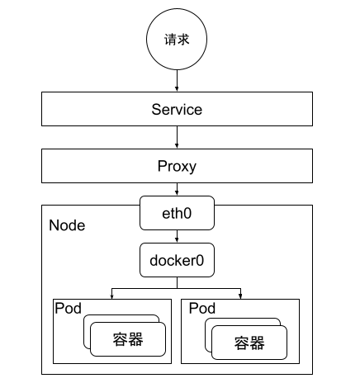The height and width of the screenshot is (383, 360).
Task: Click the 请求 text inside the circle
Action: (177, 40)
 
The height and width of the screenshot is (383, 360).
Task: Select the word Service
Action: (177, 109)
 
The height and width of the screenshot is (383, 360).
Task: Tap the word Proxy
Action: (177, 167)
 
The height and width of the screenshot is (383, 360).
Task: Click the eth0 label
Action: (177, 213)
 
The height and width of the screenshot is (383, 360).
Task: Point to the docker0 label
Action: (177, 260)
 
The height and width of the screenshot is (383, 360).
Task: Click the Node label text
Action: (67, 225)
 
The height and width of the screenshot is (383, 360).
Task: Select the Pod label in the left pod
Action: (68, 308)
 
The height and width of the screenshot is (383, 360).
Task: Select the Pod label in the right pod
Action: (202, 308)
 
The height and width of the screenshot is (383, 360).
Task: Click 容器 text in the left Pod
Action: (128, 339)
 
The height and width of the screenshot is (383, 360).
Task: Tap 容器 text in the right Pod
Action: (249, 343)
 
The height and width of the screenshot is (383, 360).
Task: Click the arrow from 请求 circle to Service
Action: (177, 80)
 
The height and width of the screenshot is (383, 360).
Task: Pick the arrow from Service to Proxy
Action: (177, 137)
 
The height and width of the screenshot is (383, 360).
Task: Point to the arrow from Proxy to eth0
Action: (177, 189)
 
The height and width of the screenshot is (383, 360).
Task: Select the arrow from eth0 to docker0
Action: (177, 236)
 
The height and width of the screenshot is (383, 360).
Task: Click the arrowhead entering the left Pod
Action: (111, 296)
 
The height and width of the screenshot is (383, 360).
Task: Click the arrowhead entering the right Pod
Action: (240, 296)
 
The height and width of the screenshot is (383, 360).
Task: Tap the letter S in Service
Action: (156, 109)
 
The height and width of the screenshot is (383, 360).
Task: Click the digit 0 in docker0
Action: (200, 260)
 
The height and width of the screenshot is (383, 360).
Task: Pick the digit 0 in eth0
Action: (187, 213)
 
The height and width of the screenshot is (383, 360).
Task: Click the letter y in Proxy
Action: (192, 168)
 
